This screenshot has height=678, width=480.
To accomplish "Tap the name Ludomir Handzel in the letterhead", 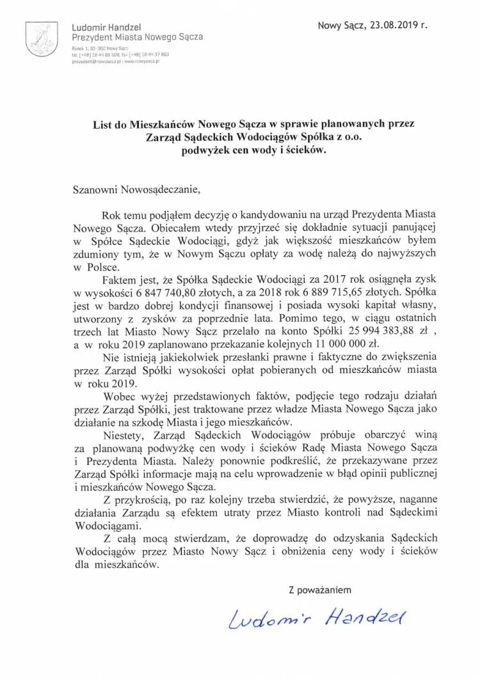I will coord(107,28).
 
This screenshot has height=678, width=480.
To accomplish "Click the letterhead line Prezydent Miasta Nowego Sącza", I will coord(138,37).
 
